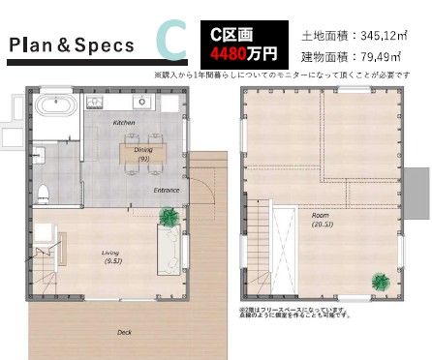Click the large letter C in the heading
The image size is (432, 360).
(170, 42)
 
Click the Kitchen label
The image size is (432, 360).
(124, 124)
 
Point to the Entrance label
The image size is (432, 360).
(167, 191)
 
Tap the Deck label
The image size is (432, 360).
(123, 331)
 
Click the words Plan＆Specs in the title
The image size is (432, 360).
(65, 45)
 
